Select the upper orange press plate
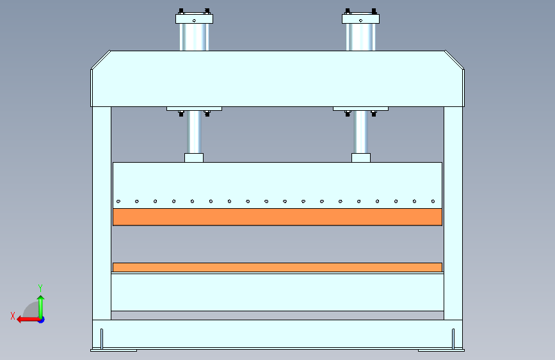click(x=277, y=217)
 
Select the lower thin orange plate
click(x=277, y=267)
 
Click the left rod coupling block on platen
click(x=194, y=158)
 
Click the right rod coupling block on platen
click(x=361, y=158)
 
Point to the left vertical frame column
click(x=101, y=211)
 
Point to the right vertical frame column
click(x=453, y=211)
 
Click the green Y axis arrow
click(x=40, y=304)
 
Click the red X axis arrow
click(x=26, y=318)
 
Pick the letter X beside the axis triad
click(x=13, y=315)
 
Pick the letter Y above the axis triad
click(x=40, y=288)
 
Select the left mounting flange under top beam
click(x=194, y=108)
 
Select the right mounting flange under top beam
click(x=361, y=108)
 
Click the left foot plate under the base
click(x=113, y=350)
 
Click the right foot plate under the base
click(x=441, y=350)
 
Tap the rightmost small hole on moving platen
click(x=433, y=202)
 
